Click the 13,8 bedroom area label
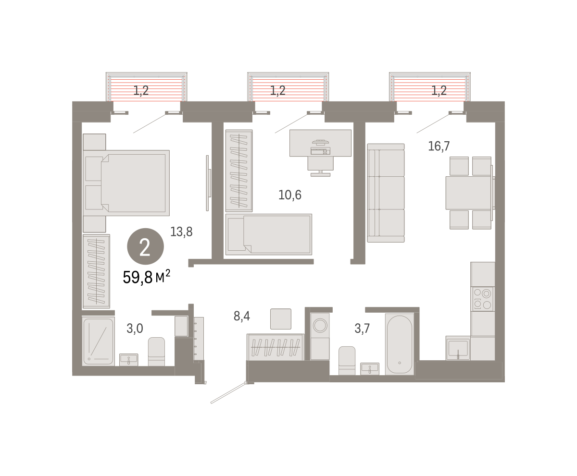pyautogui.click(x=181, y=232)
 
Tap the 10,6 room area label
pyautogui.click(x=289, y=195)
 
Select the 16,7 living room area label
pyautogui.click(x=439, y=146)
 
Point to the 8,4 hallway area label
pyautogui.click(x=242, y=316)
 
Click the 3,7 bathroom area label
pyautogui.click(x=362, y=328)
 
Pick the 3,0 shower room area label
pyautogui.click(x=135, y=328)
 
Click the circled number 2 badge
pyautogui.click(x=145, y=246)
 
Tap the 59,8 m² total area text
pyautogui.click(x=147, y=277)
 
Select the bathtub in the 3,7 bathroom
pyautogui.click(x=400, y=344)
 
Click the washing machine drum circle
pyautogui.click(x=320, y=325)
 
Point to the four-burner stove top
pyautogui.click(x=482, y=299)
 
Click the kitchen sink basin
pyautogui.click(x=458, y=348)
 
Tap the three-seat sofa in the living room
pyautogui.click(x=386, y=193)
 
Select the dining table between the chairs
pyautogui.click(x=469, y=193)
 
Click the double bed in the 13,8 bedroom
pyautogui.click(x=126, y=183)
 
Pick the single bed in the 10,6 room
pyautogui.click(x=269, y=234)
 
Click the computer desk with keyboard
pyautogui.click(x=320, y=143)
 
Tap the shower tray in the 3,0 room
pyautogui.click(x=98, y=342)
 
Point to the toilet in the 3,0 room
pyautogui.click(x=156, y=352)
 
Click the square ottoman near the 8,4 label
pyautogui.click(x=281, y=319)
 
